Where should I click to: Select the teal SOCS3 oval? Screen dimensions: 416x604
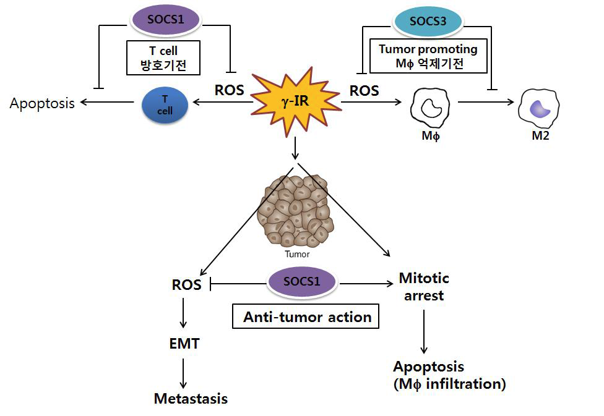click(x=428, y=22)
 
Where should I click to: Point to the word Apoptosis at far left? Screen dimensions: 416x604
click(x=42, y=103)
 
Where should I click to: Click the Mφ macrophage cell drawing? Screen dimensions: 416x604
click(x=430, y=108)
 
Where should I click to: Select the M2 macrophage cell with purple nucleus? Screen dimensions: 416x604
click(x=539, y=108)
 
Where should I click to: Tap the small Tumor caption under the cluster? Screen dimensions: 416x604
click(x=296, y=253)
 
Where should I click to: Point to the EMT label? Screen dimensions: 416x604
click(x=184, y=344)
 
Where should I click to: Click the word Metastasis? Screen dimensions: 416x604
click(x=191, y=399)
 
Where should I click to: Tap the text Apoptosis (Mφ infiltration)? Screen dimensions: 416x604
click(x=449, y=375)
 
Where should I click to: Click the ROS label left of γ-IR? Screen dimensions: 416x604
click(x=229, y=90)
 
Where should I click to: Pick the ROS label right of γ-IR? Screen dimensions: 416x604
click(x=365, y=90)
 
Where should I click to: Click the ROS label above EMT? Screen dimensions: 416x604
click(x=186, y=285)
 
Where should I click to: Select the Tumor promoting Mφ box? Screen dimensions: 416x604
click(x=428, y=56)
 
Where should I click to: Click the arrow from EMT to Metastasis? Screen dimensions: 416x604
click(x=184, y=372)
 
